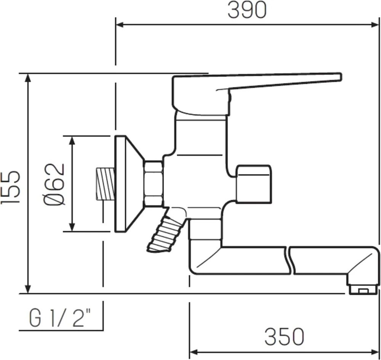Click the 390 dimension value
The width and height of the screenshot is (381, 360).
click(x=247, y=10)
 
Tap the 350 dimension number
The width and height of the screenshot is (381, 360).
click(x=284, y=336)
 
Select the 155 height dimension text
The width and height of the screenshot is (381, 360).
click(x=10, y=187)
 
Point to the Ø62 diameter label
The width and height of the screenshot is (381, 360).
click(x=54, y=184)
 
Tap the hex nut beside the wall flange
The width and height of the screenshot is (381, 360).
click(x=153, y=184)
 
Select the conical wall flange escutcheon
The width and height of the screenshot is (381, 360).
click(x=129, y=184)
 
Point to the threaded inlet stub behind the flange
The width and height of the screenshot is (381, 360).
click(x=105, y=184)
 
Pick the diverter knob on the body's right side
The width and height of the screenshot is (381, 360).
click(x=253, y=184)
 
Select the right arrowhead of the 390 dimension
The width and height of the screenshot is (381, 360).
click(x=375, y=24)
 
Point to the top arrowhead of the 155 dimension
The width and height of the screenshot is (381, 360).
click(x=28, y=78)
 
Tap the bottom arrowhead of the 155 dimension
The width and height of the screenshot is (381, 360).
click(x=28, y=289)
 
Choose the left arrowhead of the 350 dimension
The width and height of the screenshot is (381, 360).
click(x=194, y=352)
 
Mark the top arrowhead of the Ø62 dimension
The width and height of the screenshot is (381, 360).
click(x=72, y=140)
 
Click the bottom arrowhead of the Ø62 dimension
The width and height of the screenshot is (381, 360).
click(x=72, y=227)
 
